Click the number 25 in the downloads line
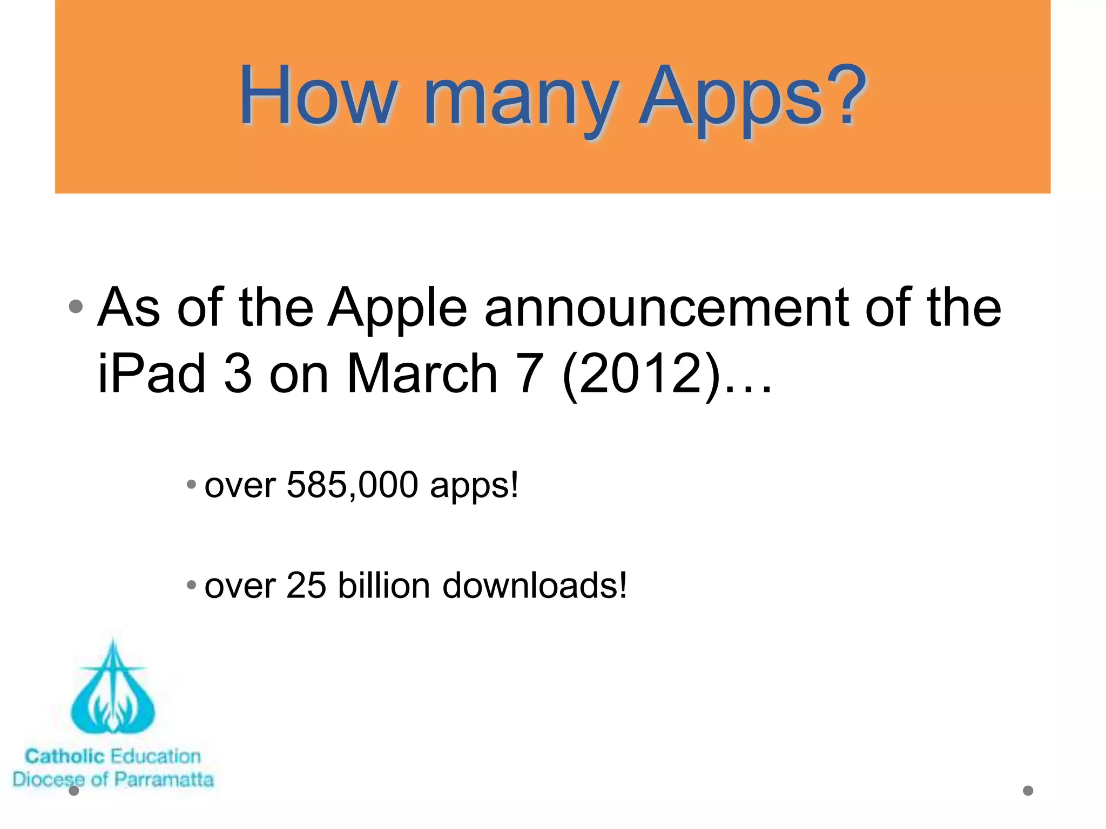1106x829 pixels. coord(306,585)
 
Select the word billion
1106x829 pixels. coord(383,585)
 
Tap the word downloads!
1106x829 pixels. coord(535,585)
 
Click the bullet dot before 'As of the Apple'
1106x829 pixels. coord(76,307)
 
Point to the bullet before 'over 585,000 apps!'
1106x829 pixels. coord(191,484)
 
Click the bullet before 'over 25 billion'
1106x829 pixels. coord(191,585)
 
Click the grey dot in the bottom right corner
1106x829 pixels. coord(1028,791)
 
